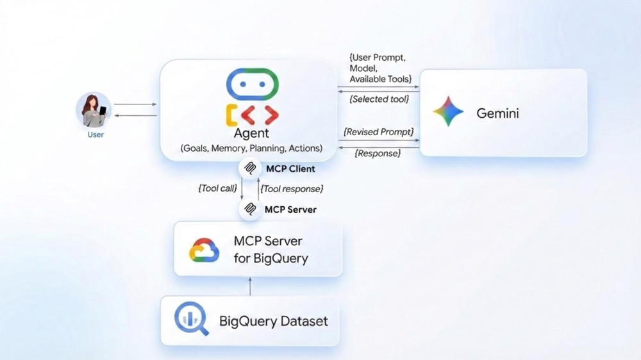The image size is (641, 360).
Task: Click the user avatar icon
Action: point(94,110)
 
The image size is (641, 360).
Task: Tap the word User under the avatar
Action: point(96,135)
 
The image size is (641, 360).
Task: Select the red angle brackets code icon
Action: point(260,115)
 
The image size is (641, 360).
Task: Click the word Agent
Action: point(252,133)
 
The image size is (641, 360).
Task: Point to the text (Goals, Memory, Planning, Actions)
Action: point(252,149)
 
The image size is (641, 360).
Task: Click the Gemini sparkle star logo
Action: point(448,113)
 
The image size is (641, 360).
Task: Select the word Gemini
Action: point(497,113)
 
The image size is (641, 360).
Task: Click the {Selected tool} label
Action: point(379,99)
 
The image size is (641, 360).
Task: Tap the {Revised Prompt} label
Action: point(379,132)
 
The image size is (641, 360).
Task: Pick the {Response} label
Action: point(378,154)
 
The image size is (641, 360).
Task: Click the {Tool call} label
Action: point(217,188)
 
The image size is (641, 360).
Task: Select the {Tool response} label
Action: point(292,188)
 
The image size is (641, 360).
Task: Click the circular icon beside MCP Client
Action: point(249,169)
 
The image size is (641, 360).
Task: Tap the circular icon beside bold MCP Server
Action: point(249,209)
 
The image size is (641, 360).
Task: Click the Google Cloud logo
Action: point(204,250)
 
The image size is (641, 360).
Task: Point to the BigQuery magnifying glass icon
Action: point(191,319)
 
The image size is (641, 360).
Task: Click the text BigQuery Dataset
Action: point(274,321)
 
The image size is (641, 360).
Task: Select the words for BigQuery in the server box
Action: point(271,259)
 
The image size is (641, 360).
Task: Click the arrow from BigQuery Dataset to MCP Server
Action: point(251,286)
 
